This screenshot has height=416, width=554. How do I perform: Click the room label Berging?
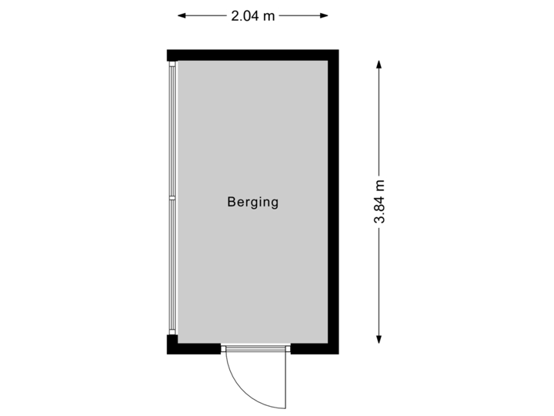tap(252, 203)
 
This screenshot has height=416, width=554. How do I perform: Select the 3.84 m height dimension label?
tap(380, 202)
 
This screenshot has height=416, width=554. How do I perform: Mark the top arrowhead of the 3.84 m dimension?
tap(379, 65)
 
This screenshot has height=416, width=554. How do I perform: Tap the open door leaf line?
tap(286, 381)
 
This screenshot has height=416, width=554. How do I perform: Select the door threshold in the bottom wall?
tap(255, 349)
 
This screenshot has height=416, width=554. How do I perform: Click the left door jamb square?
tap(224, 350)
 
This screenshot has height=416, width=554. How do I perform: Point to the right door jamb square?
tap(288, 350)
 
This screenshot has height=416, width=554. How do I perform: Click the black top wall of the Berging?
tap(252, 55)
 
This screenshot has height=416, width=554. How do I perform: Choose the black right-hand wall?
tap(333, 202)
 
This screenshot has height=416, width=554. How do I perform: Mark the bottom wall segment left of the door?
tap(194, 349)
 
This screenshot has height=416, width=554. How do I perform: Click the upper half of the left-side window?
tap(173, 131)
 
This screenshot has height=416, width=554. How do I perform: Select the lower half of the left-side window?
tap(173, 266)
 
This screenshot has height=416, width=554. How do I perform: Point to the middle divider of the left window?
tap(173, 198)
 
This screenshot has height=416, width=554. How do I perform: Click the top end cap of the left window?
tap(173, 64)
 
